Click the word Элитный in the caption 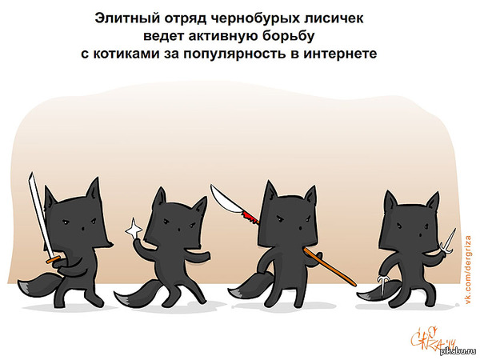[x=126, y=18]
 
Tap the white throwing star [x=134, y=228]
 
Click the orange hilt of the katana [x=53, y=260]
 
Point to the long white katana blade [x=40, y=214]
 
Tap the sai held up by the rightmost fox [x=447, y=242]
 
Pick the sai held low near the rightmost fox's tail [x=382, y=285]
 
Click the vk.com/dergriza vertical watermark [x=468, y=270]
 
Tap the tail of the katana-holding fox [x=39, y=284]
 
